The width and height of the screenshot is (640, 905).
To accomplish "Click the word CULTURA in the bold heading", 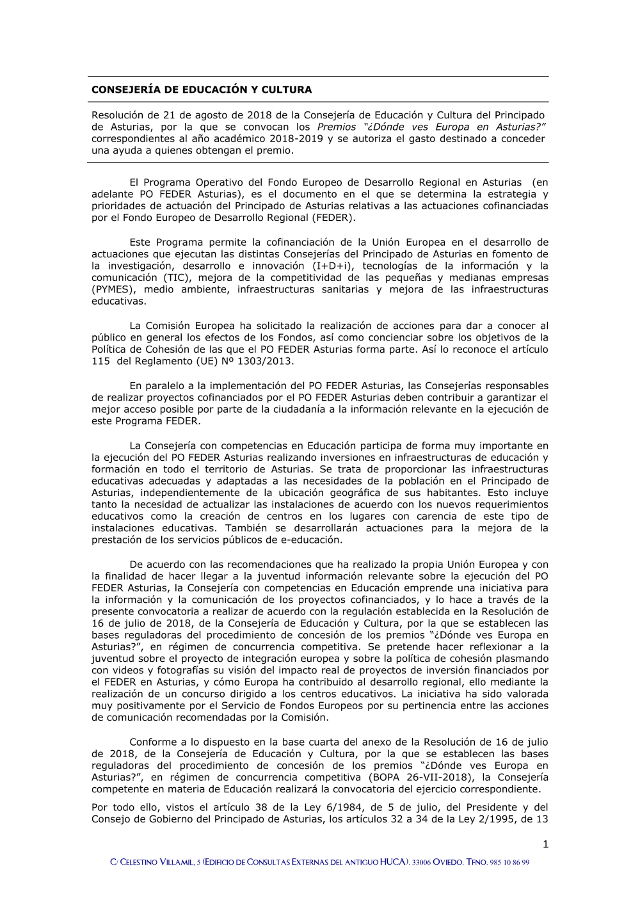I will point(287,90).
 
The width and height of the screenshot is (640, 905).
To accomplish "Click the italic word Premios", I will point(337,127).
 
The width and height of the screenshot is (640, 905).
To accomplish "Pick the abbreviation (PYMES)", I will point(113,289).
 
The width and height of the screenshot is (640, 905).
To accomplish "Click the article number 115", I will point(100,362).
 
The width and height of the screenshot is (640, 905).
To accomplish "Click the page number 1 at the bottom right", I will point(545,845).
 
